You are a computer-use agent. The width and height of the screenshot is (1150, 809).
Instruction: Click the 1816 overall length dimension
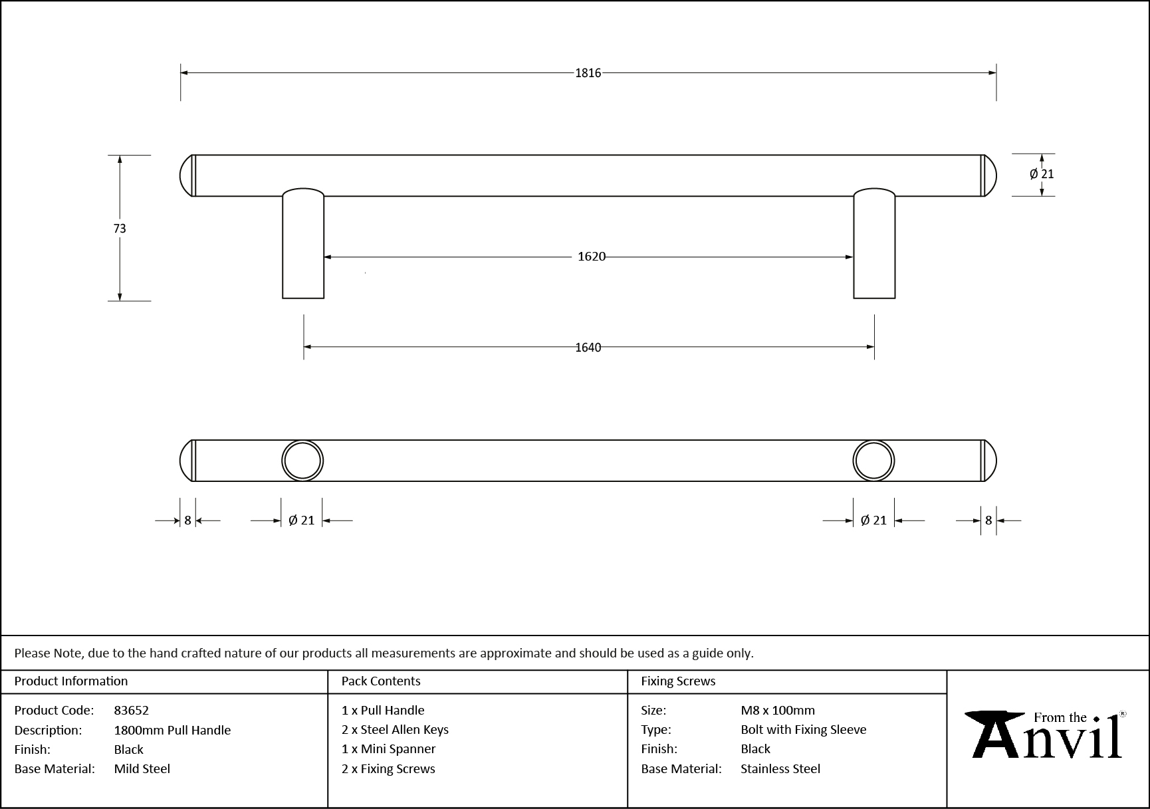[588, 73]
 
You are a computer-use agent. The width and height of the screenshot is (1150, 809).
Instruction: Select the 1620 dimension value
[591, 257]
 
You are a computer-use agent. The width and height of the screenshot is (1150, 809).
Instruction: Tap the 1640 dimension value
[588, 347]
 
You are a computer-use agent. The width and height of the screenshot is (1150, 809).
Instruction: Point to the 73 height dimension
[120, 228]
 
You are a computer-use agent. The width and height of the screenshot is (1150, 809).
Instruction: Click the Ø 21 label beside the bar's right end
[1042, 174]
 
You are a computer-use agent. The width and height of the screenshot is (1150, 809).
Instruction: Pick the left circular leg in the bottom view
[302, 460]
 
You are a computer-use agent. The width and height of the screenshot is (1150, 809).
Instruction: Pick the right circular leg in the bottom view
[873, 460]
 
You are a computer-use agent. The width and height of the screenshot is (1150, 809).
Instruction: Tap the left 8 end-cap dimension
[187, 520]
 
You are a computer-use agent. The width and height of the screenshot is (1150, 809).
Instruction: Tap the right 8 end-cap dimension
[988, 520]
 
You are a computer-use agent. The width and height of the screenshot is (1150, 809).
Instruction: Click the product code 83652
[132, 710]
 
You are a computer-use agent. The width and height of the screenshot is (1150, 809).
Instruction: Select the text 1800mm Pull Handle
[172, 730]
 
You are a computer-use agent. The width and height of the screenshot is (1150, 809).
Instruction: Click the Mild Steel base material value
[142, 768]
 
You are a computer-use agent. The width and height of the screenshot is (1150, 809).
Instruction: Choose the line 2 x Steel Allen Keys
[395, 729]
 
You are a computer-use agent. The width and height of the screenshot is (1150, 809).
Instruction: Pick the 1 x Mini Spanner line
[388, 749]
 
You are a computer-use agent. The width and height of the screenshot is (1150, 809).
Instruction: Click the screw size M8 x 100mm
[778, 710]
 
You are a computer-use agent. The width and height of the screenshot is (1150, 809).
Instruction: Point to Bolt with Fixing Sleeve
[804, 729]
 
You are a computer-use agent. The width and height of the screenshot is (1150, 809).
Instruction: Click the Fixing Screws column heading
[678, 681]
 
